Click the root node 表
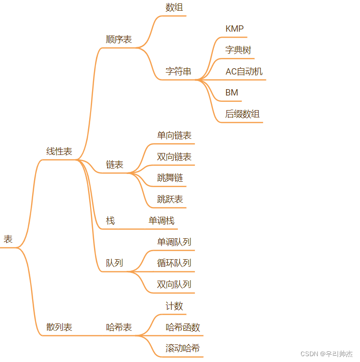click(x=8, y=239)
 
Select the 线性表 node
click(x=59, y=152)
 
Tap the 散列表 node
click(x=59, y=327)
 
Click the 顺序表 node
click(x=119, y=39)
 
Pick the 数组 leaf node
click(x=174, y=7)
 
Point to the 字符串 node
click(x=178, y=72)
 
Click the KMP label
click(x=234, y=29)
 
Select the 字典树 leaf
click(x=238, y=50)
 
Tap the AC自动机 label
click(x=244, y=72)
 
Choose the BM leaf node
click(x=231, y=93)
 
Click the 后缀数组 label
click(x=242, y=114)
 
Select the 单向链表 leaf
click(x=174, y=135)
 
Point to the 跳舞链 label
click(x=170, y=178)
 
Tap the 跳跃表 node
click(x=170, y=199)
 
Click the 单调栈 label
click(x=161, y=221)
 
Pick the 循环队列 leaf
click(x=174, y=263)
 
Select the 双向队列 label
click(x=174, y=285)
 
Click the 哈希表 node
click(x=119, y=327)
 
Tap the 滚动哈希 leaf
click(x=183, y=348)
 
